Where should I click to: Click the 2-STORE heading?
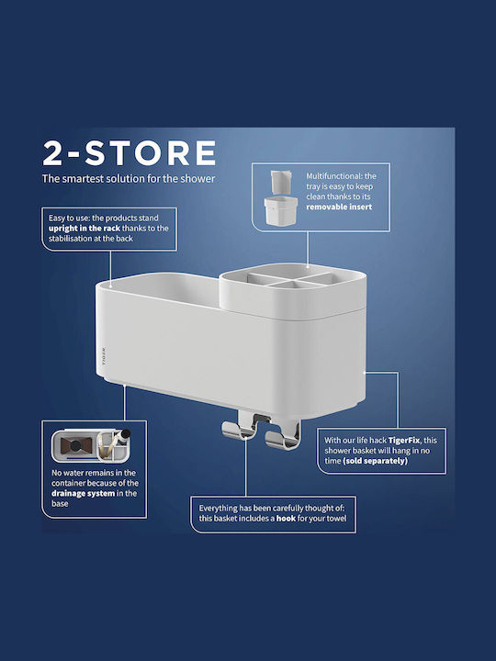(x=130, y=153)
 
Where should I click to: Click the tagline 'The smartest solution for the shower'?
(x=129, y=179)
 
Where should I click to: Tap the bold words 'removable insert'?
(x=339, y=207)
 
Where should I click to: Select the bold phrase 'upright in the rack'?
(x=84, y=229)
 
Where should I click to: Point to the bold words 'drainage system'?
(x=83, y=493)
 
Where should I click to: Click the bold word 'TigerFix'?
(x=404, y=440)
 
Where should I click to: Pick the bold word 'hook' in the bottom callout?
(x=286, y=519)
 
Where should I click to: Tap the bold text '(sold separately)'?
(x=376, y=461)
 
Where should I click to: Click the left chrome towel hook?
(x=239, y=431)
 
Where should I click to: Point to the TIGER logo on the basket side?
(x=104, y=355)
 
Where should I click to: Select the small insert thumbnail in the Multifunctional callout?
(x=280, y=197)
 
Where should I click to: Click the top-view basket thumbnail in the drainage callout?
(x=91, y=445)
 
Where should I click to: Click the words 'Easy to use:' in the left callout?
(x=69, y=218)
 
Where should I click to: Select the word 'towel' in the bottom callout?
(x=335, y=519)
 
